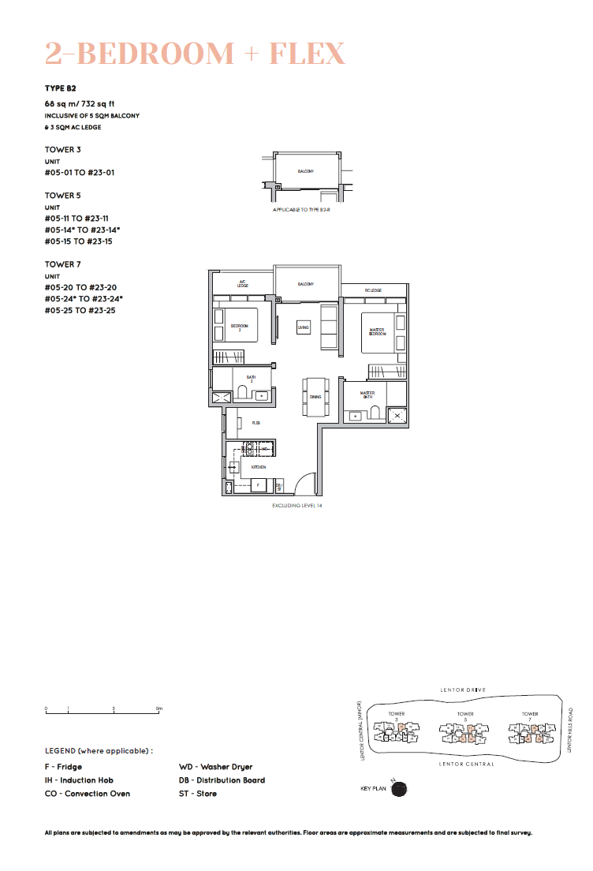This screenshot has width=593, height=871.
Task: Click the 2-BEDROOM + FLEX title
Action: coord(195,54)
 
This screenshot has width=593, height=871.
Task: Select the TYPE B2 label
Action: coord(60,89)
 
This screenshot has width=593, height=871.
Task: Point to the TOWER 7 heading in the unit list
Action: coord(63,264)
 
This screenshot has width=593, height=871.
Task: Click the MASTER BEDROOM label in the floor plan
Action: coord(376,332)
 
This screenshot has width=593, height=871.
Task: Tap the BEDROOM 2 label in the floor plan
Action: coord(240,327)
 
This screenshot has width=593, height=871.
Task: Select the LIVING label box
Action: coord(303,327)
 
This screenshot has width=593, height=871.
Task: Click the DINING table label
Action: coord(315,397)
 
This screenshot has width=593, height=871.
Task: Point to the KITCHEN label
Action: coord(258,467)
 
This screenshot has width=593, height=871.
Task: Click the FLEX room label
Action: coord(256,424)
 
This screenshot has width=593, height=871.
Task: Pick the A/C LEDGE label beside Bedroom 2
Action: coord(243,284)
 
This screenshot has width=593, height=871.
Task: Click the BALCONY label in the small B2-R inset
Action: coord(306,171)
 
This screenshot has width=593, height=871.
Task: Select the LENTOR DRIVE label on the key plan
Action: coord(463,690)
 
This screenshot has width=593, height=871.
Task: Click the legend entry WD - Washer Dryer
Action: coord(215,767)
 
